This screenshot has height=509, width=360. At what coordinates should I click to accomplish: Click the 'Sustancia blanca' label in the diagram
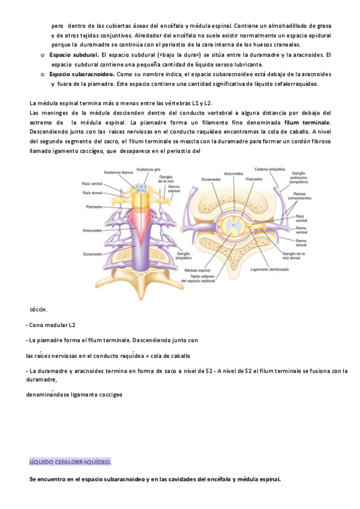click(118, 172)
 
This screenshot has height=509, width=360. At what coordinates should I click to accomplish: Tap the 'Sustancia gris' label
click(148, 169)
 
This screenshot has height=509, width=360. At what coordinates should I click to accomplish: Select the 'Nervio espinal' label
click(174, 188)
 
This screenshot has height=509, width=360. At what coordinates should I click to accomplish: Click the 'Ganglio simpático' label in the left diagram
click(184, 255)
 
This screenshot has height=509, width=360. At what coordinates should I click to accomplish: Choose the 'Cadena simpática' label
click(269, 169)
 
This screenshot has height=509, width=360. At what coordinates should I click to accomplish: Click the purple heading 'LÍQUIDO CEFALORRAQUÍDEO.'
click(70, 462)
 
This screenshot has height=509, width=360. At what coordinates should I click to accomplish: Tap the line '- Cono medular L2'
click(52, 325)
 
